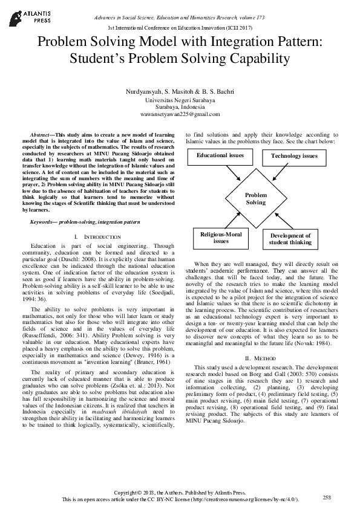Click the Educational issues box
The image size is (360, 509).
pos(220,156)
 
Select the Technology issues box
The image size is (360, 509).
pos(293,157)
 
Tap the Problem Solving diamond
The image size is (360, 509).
pos(255,199)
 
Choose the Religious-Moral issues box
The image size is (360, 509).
pos(221,237)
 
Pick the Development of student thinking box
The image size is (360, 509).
pos(290,239)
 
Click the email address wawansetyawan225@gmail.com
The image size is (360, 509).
pos(180,114)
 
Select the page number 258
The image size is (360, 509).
pos(327,497)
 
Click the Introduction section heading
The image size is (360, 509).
pos(100,236)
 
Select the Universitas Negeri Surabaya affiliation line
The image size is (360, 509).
pos(180,99)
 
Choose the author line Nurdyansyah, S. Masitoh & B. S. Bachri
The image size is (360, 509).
pos(180,91)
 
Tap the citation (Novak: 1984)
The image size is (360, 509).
pos(313,343)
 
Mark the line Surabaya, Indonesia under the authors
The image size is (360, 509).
pos(180,106)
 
